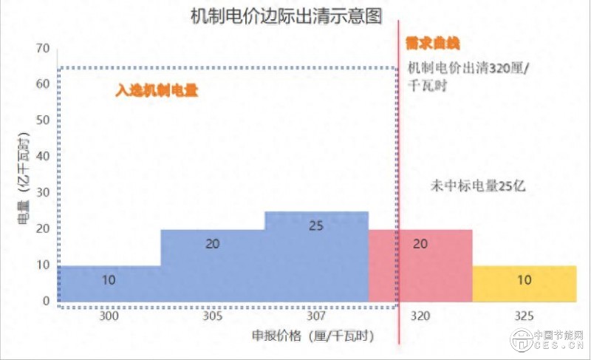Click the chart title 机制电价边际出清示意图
[285, 17]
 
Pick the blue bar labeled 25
[316, 256]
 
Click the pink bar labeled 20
[420, 265]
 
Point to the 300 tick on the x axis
[109, 316]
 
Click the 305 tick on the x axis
[213, 316]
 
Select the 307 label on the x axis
[316, 316]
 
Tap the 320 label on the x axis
[420, 316]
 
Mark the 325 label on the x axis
[524, 316]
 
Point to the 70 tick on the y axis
[42, 49]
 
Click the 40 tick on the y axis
[42, 157]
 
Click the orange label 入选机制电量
[158, 91]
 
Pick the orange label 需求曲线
[428, 44]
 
